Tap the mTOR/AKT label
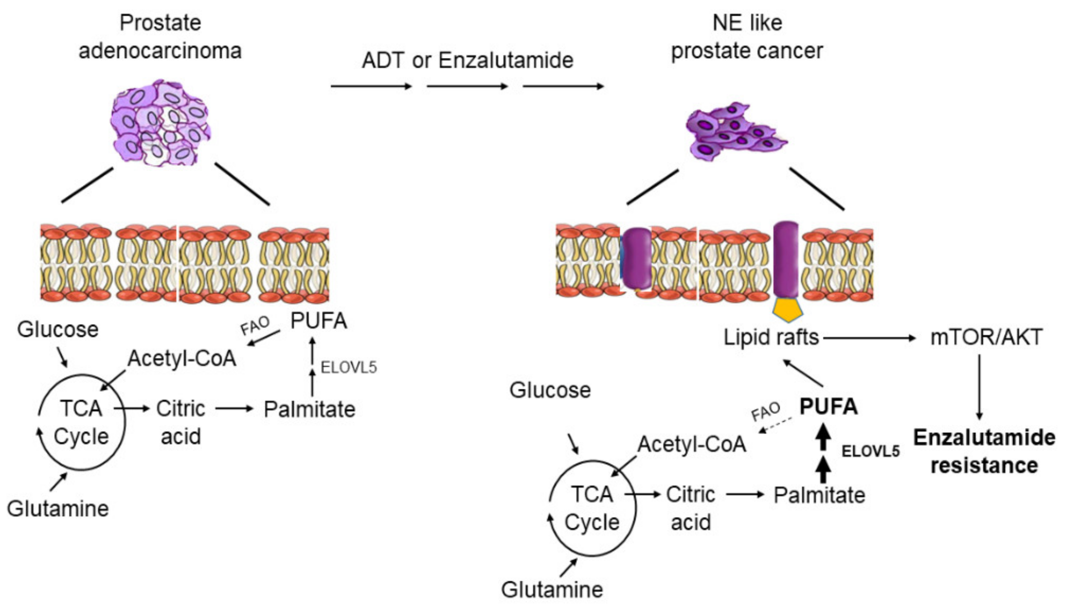tap(986, 337)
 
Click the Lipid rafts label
tap(771, 337)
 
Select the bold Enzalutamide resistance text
tap(984, 452)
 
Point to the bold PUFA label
tap(828, 406)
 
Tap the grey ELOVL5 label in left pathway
tap(348, 367)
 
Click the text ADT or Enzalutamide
tap(468, 60)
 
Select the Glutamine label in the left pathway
tap(58, 509)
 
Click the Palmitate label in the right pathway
tap(819, 495)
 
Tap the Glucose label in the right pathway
tap(550, 391)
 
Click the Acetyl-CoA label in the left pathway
tap(182, 359)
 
